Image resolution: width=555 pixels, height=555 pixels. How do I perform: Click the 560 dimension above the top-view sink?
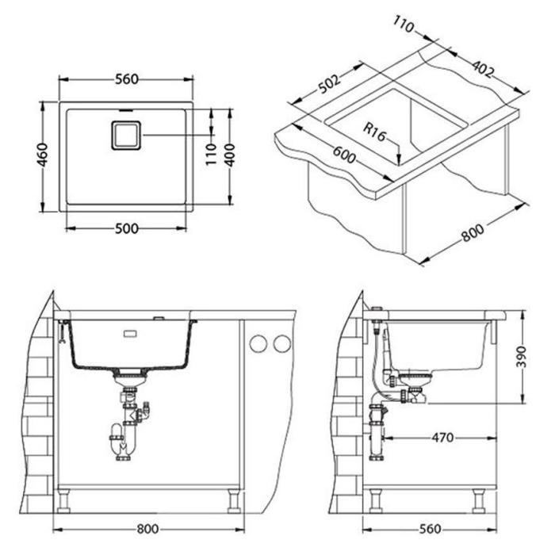tap(126, 79)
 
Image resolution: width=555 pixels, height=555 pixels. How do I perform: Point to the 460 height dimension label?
tap(43, 155)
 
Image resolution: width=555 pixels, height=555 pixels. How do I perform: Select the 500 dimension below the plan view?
tap(126, 228)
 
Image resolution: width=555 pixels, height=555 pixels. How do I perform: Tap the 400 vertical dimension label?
tap(230, 155)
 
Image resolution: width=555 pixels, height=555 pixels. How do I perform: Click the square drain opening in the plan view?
tap(126, 136)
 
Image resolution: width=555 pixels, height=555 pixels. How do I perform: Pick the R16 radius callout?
tap(374, 132)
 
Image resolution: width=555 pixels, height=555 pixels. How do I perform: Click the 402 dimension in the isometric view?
tap(483, 69)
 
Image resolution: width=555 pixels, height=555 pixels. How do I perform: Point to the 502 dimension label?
tap(329, 84)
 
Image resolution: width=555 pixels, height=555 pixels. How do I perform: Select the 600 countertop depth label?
tap(343, 155)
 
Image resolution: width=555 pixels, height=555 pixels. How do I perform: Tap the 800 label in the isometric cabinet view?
tap(473, 232)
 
